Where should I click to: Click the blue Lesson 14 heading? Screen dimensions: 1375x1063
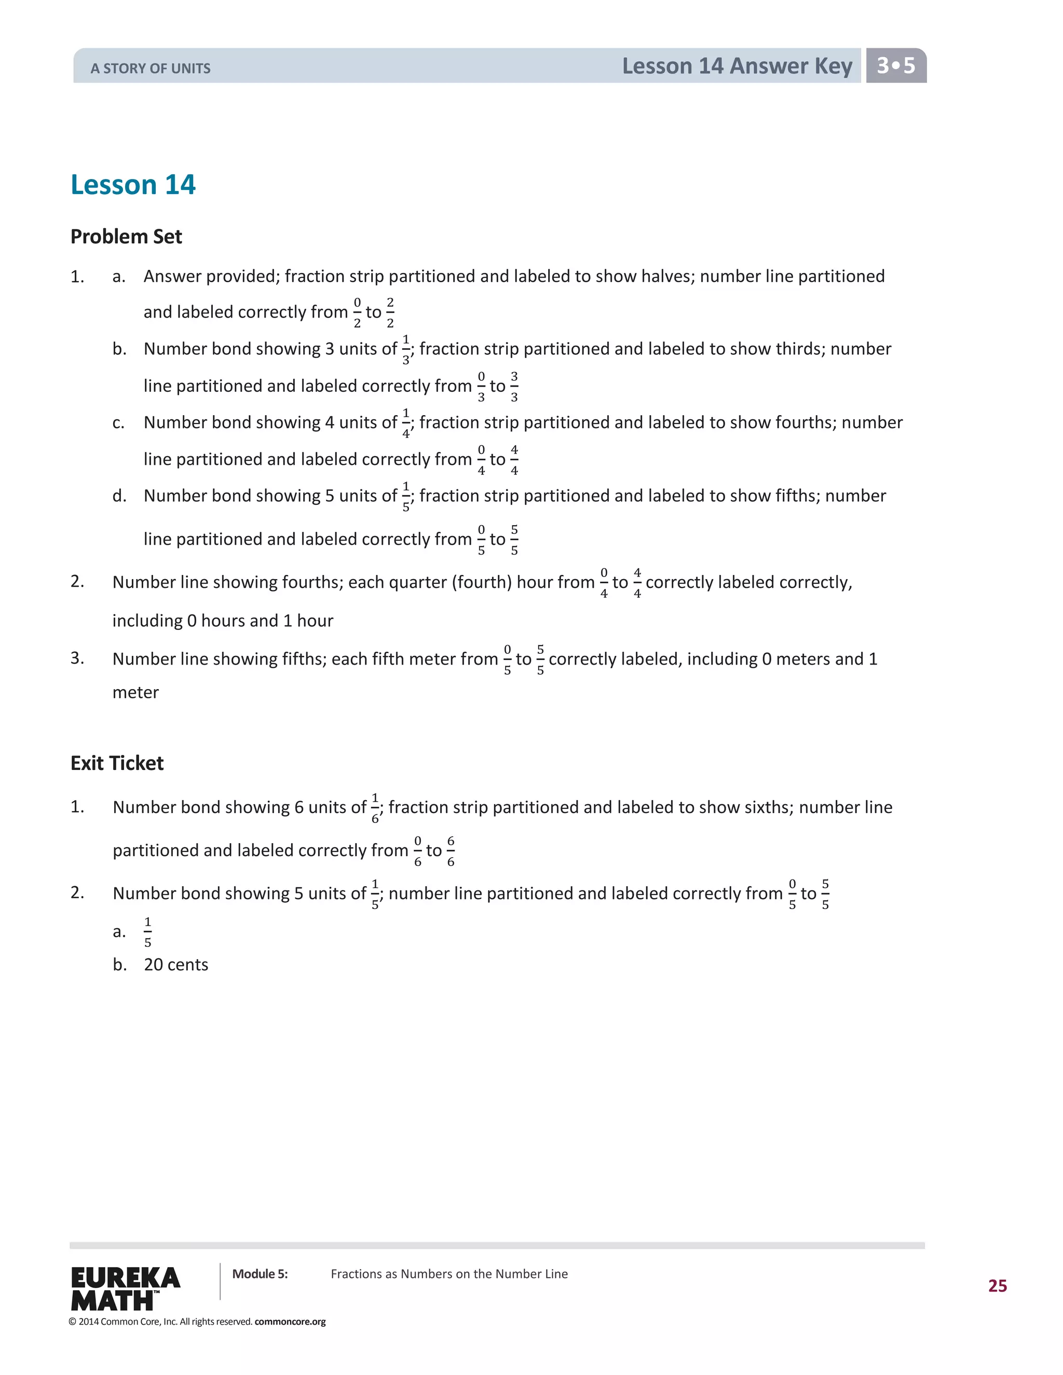(x=133, y=185)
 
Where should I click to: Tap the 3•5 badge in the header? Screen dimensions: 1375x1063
(x=895, y=65)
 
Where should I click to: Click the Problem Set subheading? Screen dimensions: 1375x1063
(x=126, y=237)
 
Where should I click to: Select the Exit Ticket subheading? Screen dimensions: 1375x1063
(x=117, y=763)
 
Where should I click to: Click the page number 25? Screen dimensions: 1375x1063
(x=997, y=1286)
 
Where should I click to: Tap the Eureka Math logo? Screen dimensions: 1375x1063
(x=125, y=1288)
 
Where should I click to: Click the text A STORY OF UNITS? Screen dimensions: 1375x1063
(x=151, y=68)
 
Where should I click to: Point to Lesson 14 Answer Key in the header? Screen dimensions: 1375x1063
(x=737, y=66)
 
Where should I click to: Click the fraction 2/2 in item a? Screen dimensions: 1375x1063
(x=390, y=312)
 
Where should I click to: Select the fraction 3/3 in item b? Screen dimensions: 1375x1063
(x=514, y=386)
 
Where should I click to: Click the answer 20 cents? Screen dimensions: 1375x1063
(x=176, y=965)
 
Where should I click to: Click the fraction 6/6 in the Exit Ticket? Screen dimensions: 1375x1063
(x=450, y=850)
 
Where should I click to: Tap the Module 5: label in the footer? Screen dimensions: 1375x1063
(x=260, y=1274)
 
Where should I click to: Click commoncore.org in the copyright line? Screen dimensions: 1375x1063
(x=290, y=1322)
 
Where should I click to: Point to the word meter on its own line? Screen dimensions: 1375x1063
(x=135, y=693)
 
